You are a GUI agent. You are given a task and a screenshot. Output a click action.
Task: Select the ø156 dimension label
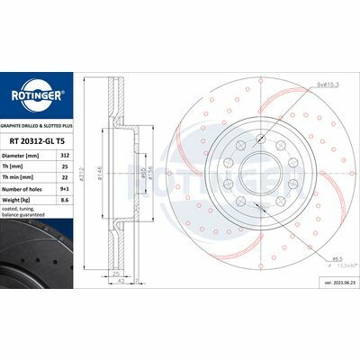click(148, 172)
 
